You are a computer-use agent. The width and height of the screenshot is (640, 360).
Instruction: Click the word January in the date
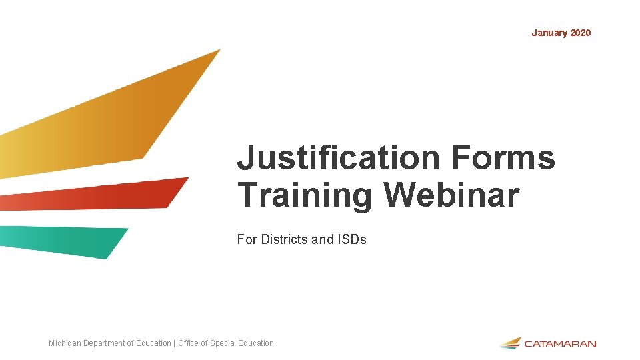(549, 33)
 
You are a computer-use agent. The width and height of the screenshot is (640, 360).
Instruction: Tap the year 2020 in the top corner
(580, 33)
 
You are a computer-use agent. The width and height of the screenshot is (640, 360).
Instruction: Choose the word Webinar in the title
(451, 195)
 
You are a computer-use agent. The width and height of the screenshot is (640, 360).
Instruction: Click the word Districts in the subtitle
(288, 239)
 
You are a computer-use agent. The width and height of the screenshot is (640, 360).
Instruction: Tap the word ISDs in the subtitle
(352, 239)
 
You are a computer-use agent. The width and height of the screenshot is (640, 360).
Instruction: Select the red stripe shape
(100, 195)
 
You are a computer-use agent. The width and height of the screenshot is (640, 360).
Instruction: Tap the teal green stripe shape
(67, 240)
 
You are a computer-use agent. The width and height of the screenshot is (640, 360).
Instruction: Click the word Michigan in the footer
(64, 343)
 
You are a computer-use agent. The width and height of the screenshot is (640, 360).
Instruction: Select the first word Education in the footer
(153, 343)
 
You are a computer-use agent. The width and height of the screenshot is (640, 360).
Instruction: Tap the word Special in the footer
(223, 343)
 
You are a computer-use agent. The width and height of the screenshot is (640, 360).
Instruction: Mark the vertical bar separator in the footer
(174, 343)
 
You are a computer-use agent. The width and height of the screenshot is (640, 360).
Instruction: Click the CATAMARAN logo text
(560, 344)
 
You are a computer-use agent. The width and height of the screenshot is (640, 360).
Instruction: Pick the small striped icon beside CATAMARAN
(510, 343)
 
